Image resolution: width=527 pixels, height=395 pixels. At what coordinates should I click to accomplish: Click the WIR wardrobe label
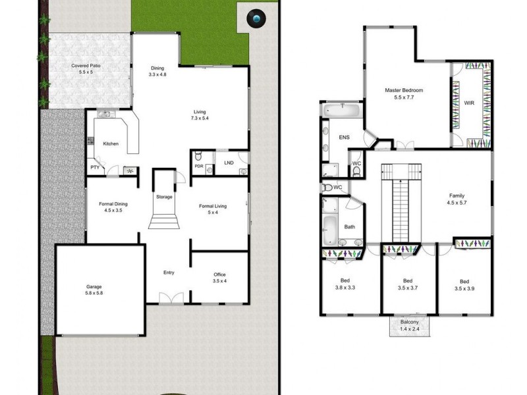click(468, 103)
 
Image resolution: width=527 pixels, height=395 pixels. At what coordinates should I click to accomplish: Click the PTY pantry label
click(95, 168)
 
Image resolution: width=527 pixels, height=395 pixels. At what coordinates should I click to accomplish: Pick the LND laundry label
click(229, 163)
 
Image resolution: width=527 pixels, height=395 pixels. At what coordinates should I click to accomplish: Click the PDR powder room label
click(198, 166)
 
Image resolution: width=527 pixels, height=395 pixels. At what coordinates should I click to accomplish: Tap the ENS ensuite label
click(343, 138)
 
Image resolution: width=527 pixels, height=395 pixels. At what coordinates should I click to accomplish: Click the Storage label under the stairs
click(164, 197)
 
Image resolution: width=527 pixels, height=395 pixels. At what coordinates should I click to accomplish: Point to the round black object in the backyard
click(256, 20)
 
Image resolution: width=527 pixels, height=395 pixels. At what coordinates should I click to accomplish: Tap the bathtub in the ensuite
click(341, 110)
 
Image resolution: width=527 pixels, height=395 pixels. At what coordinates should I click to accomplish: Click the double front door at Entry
click(169, 299)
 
